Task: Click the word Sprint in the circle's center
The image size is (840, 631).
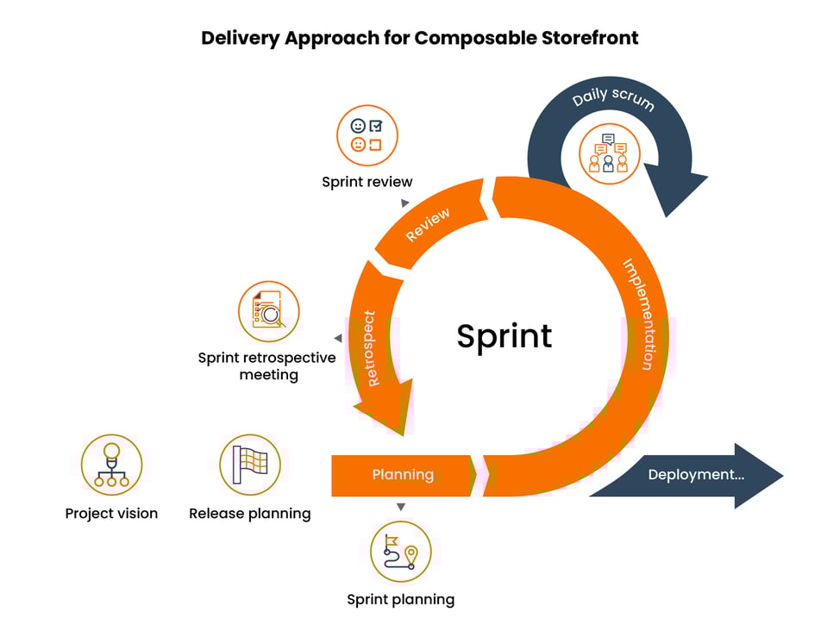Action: [505, 335]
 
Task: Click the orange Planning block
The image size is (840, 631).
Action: [403, 475]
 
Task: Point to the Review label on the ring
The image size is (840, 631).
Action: [428, 225]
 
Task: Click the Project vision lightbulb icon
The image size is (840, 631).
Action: [111, 465]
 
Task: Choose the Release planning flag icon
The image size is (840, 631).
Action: [250, 465]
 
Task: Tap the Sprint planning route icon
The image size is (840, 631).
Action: [401, 552]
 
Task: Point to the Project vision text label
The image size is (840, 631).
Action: [111, 514]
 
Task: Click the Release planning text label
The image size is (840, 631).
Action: [249, 514]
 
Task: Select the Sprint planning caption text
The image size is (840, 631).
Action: [400, 599]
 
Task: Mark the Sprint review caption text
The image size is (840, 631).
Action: [367, 182]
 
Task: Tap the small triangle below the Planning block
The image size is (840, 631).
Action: [401, 507]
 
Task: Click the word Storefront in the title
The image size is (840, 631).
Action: [590, 38]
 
